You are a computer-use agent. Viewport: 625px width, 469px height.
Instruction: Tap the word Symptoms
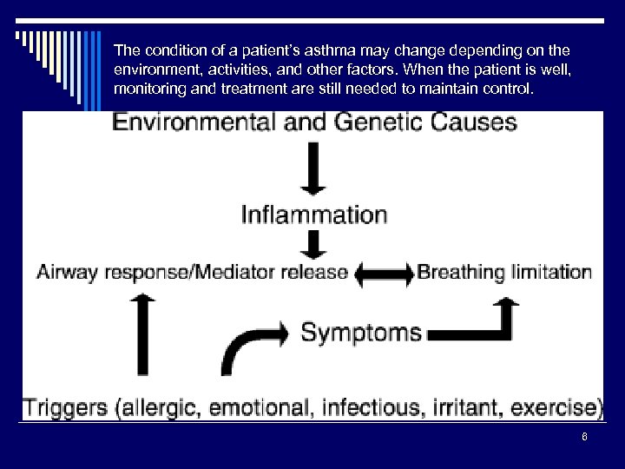[361, 332]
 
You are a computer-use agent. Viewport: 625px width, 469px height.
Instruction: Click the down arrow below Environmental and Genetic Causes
[312, 170]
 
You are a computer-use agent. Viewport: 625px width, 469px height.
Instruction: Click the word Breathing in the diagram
[461, 273]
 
